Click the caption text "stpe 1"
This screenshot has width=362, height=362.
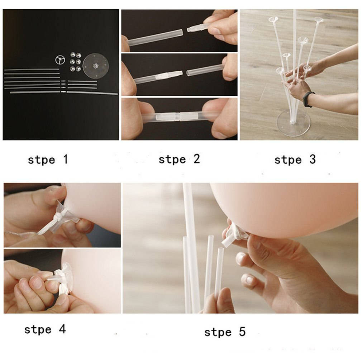[x=48, y=159]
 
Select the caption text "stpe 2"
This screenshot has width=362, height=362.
[x=179, y=159]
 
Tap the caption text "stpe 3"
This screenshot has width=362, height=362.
[x=295, y=159]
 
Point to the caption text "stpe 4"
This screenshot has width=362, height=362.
[x=45, y=329]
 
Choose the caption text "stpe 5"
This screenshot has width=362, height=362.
[x=225, y=332]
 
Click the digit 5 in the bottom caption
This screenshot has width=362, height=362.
[x=242, y=332]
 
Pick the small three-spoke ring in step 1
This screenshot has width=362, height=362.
[x=60, y=59]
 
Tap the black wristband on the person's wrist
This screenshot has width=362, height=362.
[x=308, y=99]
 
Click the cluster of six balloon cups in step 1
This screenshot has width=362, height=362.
[x=76, y=62]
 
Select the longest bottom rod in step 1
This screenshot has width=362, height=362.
[x=63, y=93]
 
